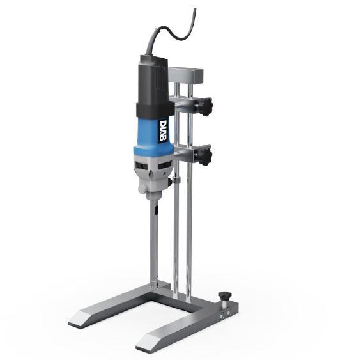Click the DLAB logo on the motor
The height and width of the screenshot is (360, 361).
163,130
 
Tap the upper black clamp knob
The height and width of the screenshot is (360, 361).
206,107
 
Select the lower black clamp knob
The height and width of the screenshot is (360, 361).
205,157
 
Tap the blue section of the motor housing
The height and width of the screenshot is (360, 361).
154,136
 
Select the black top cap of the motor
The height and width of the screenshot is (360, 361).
153,79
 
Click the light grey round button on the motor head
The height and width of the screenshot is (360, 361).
142,189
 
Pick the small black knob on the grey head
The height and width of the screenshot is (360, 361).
170,182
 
